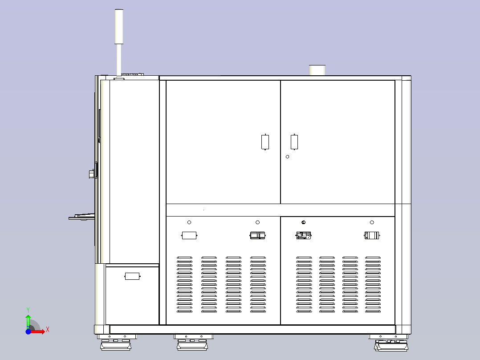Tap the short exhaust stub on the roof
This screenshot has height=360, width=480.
[x=317, y=70]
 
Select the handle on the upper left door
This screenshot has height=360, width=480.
[x=265, y=142]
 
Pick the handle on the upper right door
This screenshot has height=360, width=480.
[x=294, y=142]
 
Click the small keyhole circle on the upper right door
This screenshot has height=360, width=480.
[x=288, y=157]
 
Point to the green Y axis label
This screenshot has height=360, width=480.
[x=28, y=310]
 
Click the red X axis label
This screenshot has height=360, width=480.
[x=48, y=330]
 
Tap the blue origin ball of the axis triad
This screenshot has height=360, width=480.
[x=28, y=331]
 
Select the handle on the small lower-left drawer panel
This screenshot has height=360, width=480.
[x=132, y=276]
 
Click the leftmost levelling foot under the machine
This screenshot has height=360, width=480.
[x=116, y=342]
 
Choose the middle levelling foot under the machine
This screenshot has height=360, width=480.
[x=192, y=342]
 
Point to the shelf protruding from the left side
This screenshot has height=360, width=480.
[x=82, y=217]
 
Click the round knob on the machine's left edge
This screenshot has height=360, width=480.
[x=92, y=174]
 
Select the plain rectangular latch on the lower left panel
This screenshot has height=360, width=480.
[x=189, y=235]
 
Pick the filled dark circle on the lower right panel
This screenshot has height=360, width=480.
[x=303, y=222]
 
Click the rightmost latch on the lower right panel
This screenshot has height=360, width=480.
[x=372, y=235]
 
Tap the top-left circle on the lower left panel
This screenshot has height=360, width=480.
[x=189, y=222]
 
